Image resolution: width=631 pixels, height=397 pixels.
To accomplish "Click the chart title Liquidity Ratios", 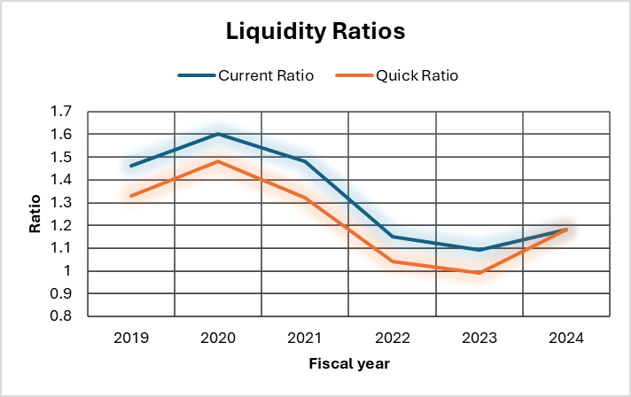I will pos(315,32).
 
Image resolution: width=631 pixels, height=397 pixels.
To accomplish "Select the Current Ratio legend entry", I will pos(246,75).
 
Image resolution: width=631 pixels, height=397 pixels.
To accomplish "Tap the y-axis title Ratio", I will pos(35,214).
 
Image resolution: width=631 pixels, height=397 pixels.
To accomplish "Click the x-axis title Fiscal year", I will pos(348,363).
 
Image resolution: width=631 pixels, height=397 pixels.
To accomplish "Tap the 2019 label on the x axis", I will pos(131,338).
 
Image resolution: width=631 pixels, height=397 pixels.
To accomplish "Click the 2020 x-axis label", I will pos(218,338).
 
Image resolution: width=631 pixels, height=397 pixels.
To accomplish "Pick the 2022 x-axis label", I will pos(393,338).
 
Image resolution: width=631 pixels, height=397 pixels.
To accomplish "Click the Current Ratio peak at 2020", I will pos(218,134).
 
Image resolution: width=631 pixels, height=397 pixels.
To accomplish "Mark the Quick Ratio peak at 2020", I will pos(218,161).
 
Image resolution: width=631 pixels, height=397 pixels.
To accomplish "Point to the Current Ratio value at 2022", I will pos(393,237).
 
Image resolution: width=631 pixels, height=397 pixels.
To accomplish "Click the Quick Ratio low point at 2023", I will pos(479,273).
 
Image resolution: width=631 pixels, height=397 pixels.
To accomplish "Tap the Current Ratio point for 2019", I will pos(131,166).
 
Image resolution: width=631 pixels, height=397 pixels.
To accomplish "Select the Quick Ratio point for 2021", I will pos(306,198).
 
